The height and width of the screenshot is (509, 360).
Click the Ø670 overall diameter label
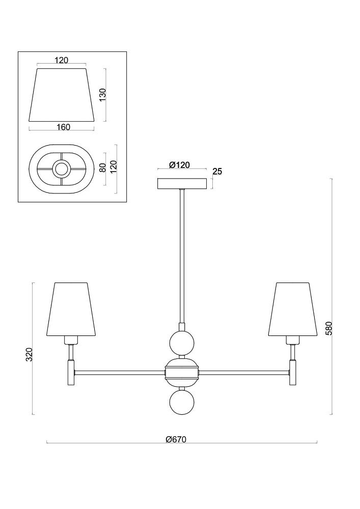click(x=176, y=440)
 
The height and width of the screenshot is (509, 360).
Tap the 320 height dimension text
click(x=30, y=354)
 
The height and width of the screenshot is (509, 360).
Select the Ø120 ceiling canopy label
click(x=179, y=165)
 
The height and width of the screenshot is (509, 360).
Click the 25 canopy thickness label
click(x=217, y=172)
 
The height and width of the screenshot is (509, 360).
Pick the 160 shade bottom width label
click(x=63, y=127)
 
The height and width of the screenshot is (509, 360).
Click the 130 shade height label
click(x=102, y=95)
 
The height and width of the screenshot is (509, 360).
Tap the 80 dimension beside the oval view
click(x=102, y=168)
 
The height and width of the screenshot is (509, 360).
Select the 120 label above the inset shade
click(x=61, y=60)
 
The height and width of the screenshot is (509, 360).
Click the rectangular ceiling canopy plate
click(x=182, y=183)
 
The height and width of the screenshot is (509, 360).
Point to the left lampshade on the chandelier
click(x=74, y=309)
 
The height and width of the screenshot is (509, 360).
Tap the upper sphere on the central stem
click(x=182, y=343)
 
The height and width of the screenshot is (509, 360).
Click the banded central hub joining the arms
click(x=182, y=373)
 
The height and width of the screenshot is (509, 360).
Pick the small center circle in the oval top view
click(x=61, y=169)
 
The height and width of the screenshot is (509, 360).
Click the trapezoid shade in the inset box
click(x=63, y=95)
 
